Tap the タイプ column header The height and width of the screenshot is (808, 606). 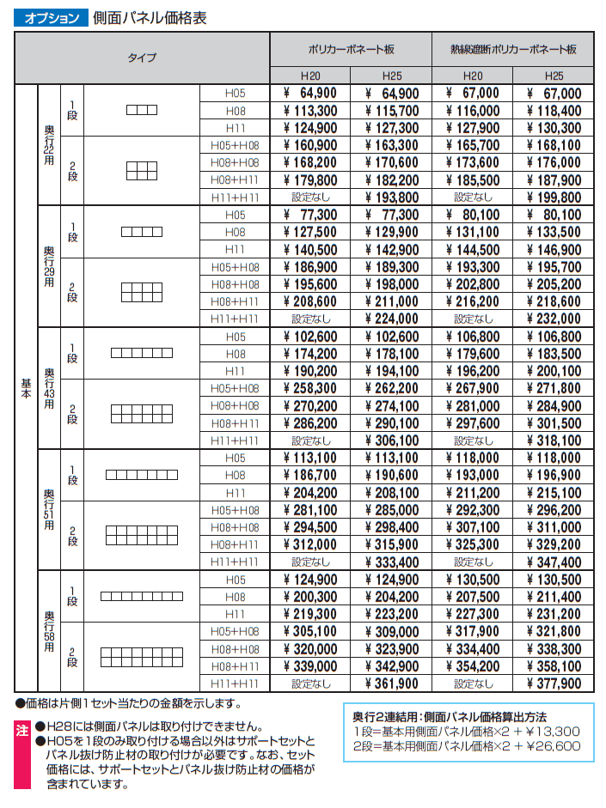coord(142,58)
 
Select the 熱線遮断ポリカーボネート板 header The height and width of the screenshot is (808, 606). coord(512,50)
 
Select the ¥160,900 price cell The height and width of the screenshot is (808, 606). coord(310,145)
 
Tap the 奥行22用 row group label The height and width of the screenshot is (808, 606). coord(49,145)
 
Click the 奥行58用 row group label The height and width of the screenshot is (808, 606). coord(49,631)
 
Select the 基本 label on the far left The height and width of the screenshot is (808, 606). coord(26,388)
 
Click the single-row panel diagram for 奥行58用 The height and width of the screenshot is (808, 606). coord(142,596)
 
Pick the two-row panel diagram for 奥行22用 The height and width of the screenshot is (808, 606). coord(142,171)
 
